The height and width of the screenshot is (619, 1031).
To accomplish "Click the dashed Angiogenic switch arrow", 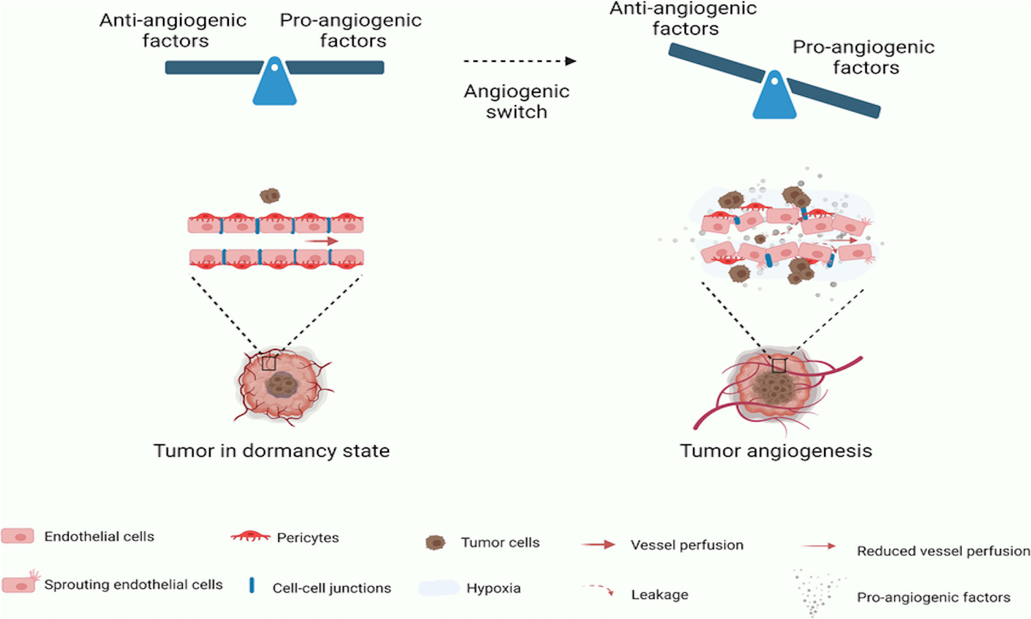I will pos(519,61).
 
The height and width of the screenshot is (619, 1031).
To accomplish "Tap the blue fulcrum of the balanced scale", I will pos(274,84).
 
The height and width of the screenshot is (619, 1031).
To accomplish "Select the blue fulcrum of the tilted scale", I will pos(775,98).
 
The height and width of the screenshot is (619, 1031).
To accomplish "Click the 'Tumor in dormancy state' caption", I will pos(271,450).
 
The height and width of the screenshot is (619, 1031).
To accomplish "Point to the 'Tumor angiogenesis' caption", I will pos(776,450).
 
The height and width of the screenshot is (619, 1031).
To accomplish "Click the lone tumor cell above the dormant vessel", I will pos(270,196).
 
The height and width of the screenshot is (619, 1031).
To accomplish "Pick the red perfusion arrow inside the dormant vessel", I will pos(322,241).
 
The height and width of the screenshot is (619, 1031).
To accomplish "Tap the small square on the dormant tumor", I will pos(269,363).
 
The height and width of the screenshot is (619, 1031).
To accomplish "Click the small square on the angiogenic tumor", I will pos(779,366).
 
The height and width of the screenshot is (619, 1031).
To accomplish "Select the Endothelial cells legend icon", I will pos(18,536).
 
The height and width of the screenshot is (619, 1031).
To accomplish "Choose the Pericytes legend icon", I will pos(250,536).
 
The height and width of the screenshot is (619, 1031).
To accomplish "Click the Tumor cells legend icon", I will pos(435,543).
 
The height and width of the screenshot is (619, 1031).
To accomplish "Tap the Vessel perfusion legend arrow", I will pos(598,545).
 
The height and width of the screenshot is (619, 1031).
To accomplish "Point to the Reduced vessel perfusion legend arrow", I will pos(819,546).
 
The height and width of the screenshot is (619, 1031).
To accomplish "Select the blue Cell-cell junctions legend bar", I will pos(252,585).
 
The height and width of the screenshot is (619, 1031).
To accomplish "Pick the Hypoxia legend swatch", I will pos(439,588).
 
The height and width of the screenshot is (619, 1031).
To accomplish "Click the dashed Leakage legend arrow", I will pos(598,590).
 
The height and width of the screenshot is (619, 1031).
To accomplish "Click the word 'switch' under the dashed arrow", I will pos(516,112).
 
